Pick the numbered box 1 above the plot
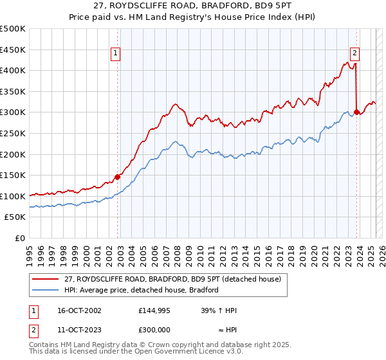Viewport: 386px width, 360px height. tap(115, 54)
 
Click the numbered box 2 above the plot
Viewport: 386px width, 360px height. tap(354, 54)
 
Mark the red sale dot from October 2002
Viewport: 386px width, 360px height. tap(118, 177)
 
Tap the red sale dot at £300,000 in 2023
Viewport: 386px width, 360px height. tap(356, 112)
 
